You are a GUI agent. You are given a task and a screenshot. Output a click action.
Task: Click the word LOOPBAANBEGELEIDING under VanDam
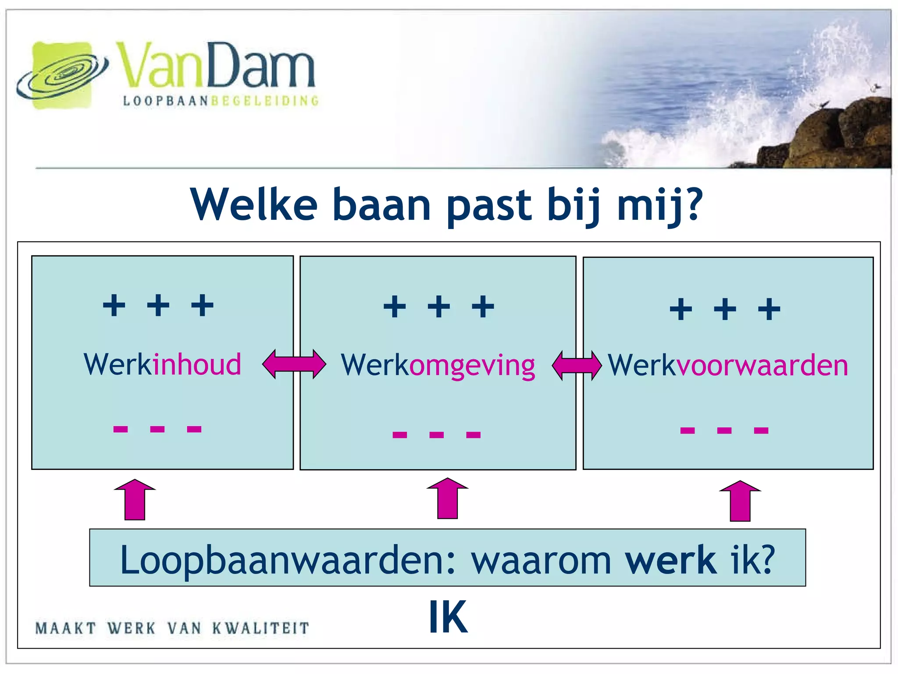[x=221, y=101]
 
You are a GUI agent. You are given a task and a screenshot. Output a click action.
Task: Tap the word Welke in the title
[x=254, y=204]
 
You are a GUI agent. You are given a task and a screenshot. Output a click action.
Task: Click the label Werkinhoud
[x=162, y=365]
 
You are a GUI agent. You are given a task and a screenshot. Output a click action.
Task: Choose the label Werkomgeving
[x=438, y=366]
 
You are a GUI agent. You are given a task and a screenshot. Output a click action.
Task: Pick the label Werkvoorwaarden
[x=728, y=366]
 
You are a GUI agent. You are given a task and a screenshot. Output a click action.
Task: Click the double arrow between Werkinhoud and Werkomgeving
[x=294, y=364]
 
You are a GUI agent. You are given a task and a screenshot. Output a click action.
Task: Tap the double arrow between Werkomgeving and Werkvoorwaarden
[x=577, y=365]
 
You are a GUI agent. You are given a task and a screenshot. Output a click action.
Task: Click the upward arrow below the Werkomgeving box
[x=448, y=498]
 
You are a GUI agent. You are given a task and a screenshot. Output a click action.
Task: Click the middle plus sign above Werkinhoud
[x=158, y=305]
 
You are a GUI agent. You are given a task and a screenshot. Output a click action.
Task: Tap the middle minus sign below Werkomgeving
[x=437, y=435]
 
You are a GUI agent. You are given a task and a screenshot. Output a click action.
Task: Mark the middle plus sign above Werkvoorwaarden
[x=725, y=309]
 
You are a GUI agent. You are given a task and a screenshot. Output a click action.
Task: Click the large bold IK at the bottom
[x=448, y=617]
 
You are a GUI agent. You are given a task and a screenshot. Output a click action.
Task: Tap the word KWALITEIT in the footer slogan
[x=261, y=628]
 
